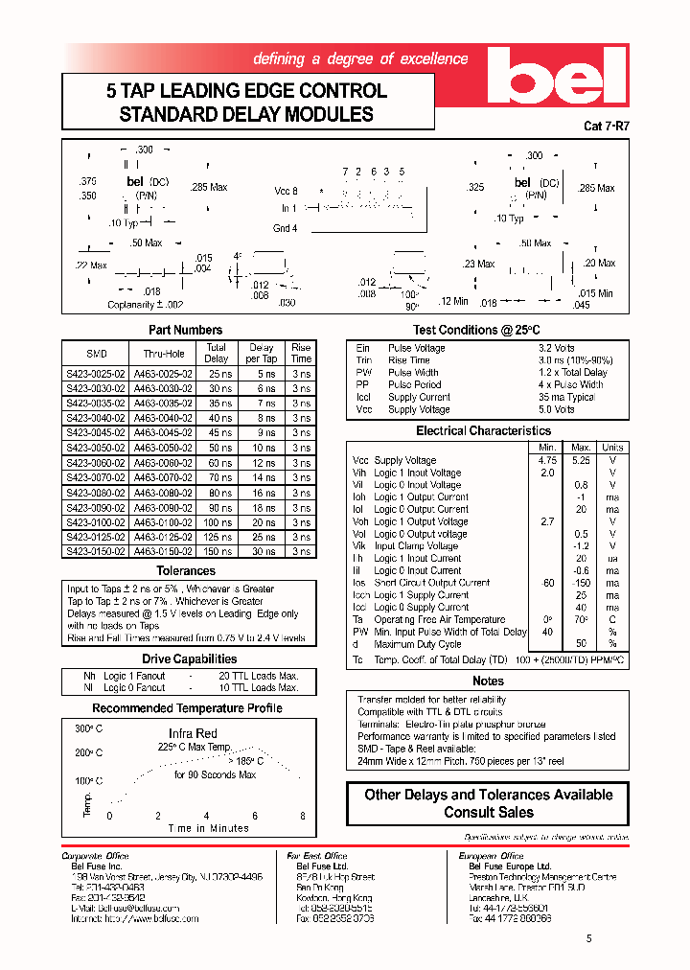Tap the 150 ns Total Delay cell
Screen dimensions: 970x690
218,552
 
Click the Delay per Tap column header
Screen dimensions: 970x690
262,353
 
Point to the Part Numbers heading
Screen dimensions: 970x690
186,330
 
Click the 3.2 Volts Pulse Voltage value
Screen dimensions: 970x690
557,348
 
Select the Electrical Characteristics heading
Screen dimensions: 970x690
482,431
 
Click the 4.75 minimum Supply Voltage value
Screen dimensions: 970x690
547,460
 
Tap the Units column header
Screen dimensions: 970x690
611,448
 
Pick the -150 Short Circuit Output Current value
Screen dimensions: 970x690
581,583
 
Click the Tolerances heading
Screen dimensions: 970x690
186,571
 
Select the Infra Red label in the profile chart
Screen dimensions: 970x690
195,734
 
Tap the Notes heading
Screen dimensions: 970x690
488,681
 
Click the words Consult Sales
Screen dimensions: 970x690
488,812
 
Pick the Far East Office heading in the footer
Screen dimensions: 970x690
317,856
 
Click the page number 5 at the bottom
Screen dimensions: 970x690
588,939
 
